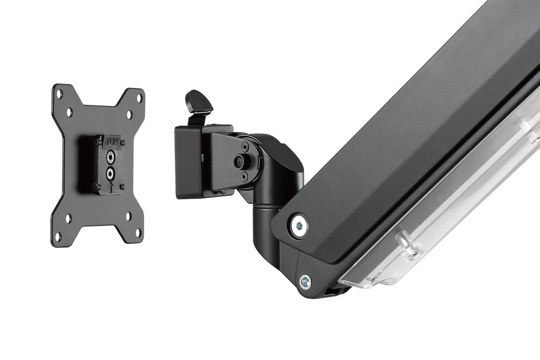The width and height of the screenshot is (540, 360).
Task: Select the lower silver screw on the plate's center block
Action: pos(110,173)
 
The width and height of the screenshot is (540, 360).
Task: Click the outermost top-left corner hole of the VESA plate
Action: pos(59,95)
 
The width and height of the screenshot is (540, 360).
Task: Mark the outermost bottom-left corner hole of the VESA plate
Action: pos(58,236)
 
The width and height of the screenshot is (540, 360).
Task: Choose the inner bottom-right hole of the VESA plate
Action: pos(128,216)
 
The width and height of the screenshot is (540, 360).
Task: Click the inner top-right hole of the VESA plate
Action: pos(129,114)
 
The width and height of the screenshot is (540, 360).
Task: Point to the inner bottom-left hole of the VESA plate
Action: pos(68,219)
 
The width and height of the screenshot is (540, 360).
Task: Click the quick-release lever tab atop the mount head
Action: pos(200,102)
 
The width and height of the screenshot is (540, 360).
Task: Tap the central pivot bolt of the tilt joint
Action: pos(240,161)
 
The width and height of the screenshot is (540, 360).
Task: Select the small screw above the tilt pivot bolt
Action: pos(245,147)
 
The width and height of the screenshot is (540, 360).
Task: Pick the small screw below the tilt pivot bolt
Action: pos(244,176)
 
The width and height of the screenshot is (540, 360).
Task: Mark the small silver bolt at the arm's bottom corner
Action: pos(305,282)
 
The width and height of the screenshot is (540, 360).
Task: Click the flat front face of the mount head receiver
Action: pos(187,162)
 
